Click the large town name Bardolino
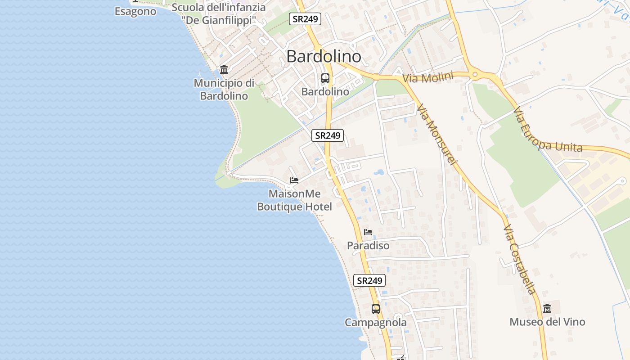324,57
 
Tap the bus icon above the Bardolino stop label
325,78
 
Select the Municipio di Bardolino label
224,89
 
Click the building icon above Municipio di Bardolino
224,69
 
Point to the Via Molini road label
427,77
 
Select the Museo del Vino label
547,322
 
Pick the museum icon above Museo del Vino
547,309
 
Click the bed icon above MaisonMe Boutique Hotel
294,180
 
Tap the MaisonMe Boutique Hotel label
294,200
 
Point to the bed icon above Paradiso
368,232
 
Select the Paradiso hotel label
368,246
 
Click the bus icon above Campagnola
376,309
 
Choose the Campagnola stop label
376,322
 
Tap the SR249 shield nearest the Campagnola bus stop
369,280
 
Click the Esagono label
135,12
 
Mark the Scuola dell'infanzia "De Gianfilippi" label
219,13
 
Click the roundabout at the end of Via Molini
474,75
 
